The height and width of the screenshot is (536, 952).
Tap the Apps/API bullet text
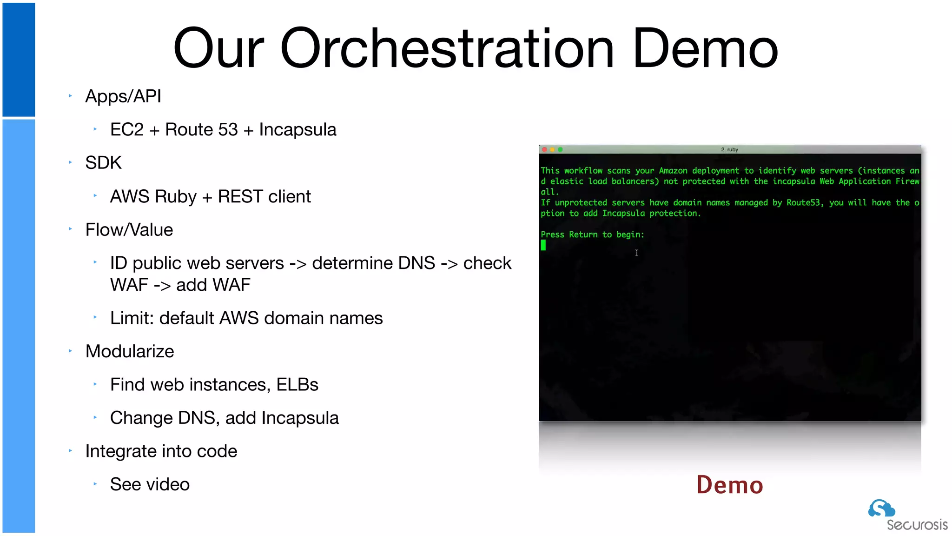pos(123,96)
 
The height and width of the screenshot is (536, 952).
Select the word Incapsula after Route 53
pos(297,130)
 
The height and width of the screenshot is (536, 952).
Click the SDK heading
pos(103,163)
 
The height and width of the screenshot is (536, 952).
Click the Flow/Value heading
pos(129,230)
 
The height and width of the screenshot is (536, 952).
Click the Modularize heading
pos(130,351)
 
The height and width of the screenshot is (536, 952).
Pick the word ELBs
pos(297,385)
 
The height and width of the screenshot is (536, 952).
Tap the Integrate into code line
pos(161,451)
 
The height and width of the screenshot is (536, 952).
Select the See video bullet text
pos(150,484)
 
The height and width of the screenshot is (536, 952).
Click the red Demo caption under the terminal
pos(729,485)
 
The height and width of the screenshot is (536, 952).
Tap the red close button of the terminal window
pos(544,149)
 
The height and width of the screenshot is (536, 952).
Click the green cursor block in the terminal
pos(543,245)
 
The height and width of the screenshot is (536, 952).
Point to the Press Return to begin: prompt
pos(592,234)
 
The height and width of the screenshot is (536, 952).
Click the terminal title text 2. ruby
pos(729,149)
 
